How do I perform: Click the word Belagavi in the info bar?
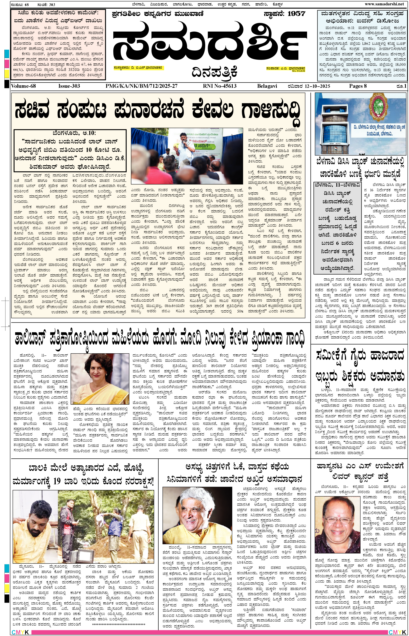pyautogui.click(x=267, y=86)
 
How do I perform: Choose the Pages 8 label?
pyautogui.click(x=358, y=86)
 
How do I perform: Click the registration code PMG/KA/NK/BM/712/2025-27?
pyautogui.click(x=141, y=86)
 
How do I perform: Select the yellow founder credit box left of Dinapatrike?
pyautogui.click(x=138, y=68)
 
